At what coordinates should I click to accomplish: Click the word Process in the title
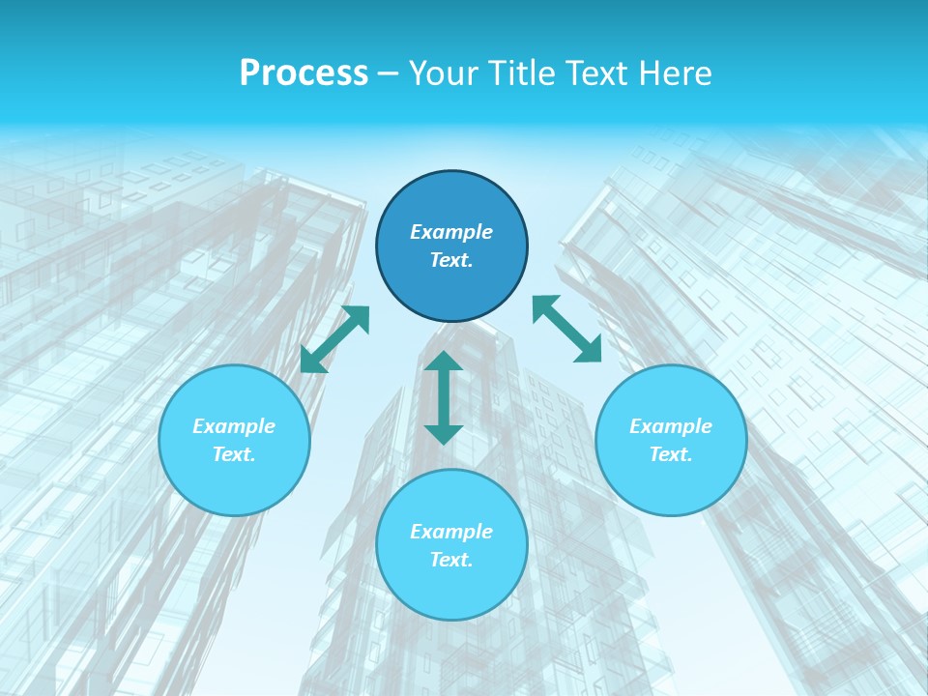click(304, 73)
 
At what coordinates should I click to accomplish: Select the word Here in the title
click(675, 73)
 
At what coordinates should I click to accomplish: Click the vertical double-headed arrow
click(444, 397)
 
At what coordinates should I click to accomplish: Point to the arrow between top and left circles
click(335, 339)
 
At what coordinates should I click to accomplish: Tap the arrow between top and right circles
click(567, 329)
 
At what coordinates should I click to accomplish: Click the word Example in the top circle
click(451, 232)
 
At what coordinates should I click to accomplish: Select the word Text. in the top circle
click(451, 260)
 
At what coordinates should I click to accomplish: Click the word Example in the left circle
click(234, 426)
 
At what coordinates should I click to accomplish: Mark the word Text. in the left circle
click(234, 454)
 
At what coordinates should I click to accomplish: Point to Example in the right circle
click(671, 426)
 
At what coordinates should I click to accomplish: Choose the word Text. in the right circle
click(671, 454)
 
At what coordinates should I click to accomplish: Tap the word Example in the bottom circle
click(451, 532)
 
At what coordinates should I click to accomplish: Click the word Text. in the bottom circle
click(451, 560)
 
